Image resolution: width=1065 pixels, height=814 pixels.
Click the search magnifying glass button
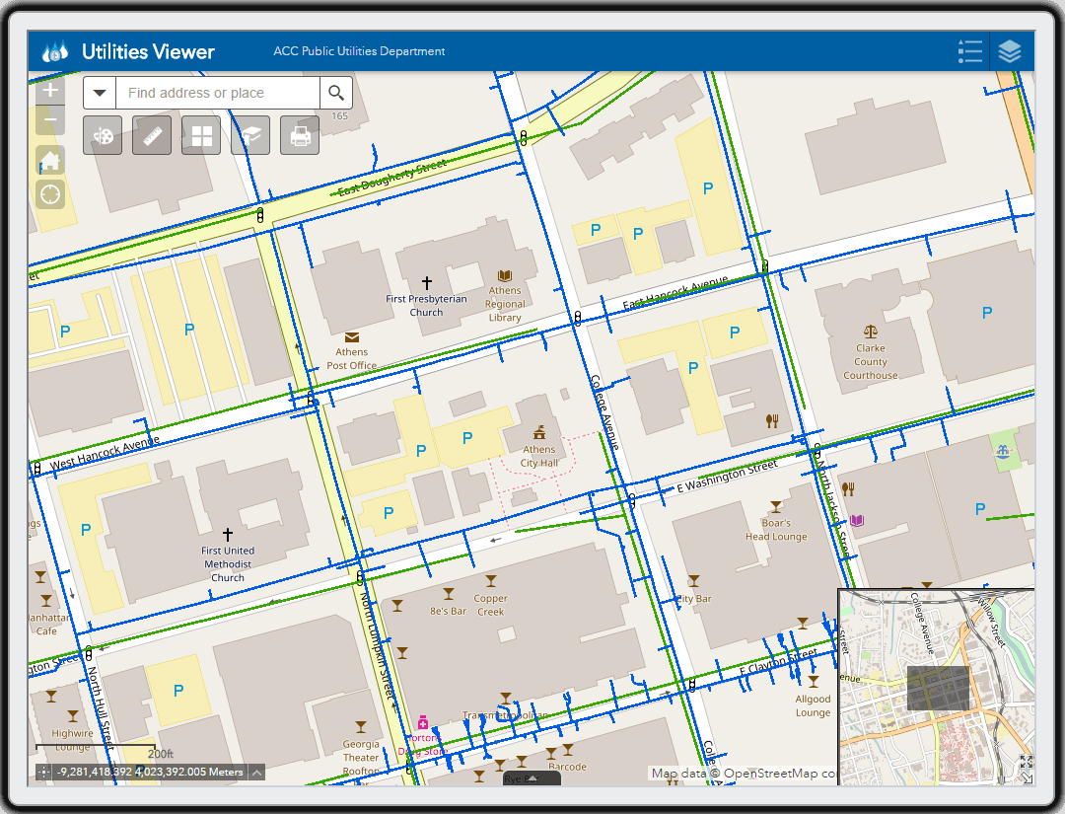click(336, 93)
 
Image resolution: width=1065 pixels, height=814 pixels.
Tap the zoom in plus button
click(50, 90)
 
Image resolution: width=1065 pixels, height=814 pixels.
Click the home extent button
click(50, 160)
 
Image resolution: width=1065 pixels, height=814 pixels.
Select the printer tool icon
click(300, 135)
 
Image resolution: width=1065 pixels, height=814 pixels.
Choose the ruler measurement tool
click(152, 135)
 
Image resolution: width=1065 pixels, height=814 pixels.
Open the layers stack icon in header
click(1009, 51)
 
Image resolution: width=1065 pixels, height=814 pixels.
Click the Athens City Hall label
click(539, 456)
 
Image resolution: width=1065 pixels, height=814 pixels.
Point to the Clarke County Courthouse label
click(871, 361)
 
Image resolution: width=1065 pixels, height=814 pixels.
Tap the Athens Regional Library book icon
click(505, 275)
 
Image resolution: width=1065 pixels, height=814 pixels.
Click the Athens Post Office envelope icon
click(352, 337)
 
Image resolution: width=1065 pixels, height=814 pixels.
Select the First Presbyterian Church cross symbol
click(427, 283)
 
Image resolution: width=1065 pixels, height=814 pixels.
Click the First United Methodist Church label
click(228, 563)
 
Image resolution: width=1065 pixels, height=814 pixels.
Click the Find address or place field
click(217, 93)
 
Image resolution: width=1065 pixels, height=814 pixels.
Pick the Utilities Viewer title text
click(148, 51)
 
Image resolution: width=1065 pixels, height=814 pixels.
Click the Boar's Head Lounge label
click(776, 530)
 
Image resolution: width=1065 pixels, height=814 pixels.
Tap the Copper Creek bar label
click(490, 605)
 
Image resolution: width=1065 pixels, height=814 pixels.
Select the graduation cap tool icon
click(250, 135)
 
